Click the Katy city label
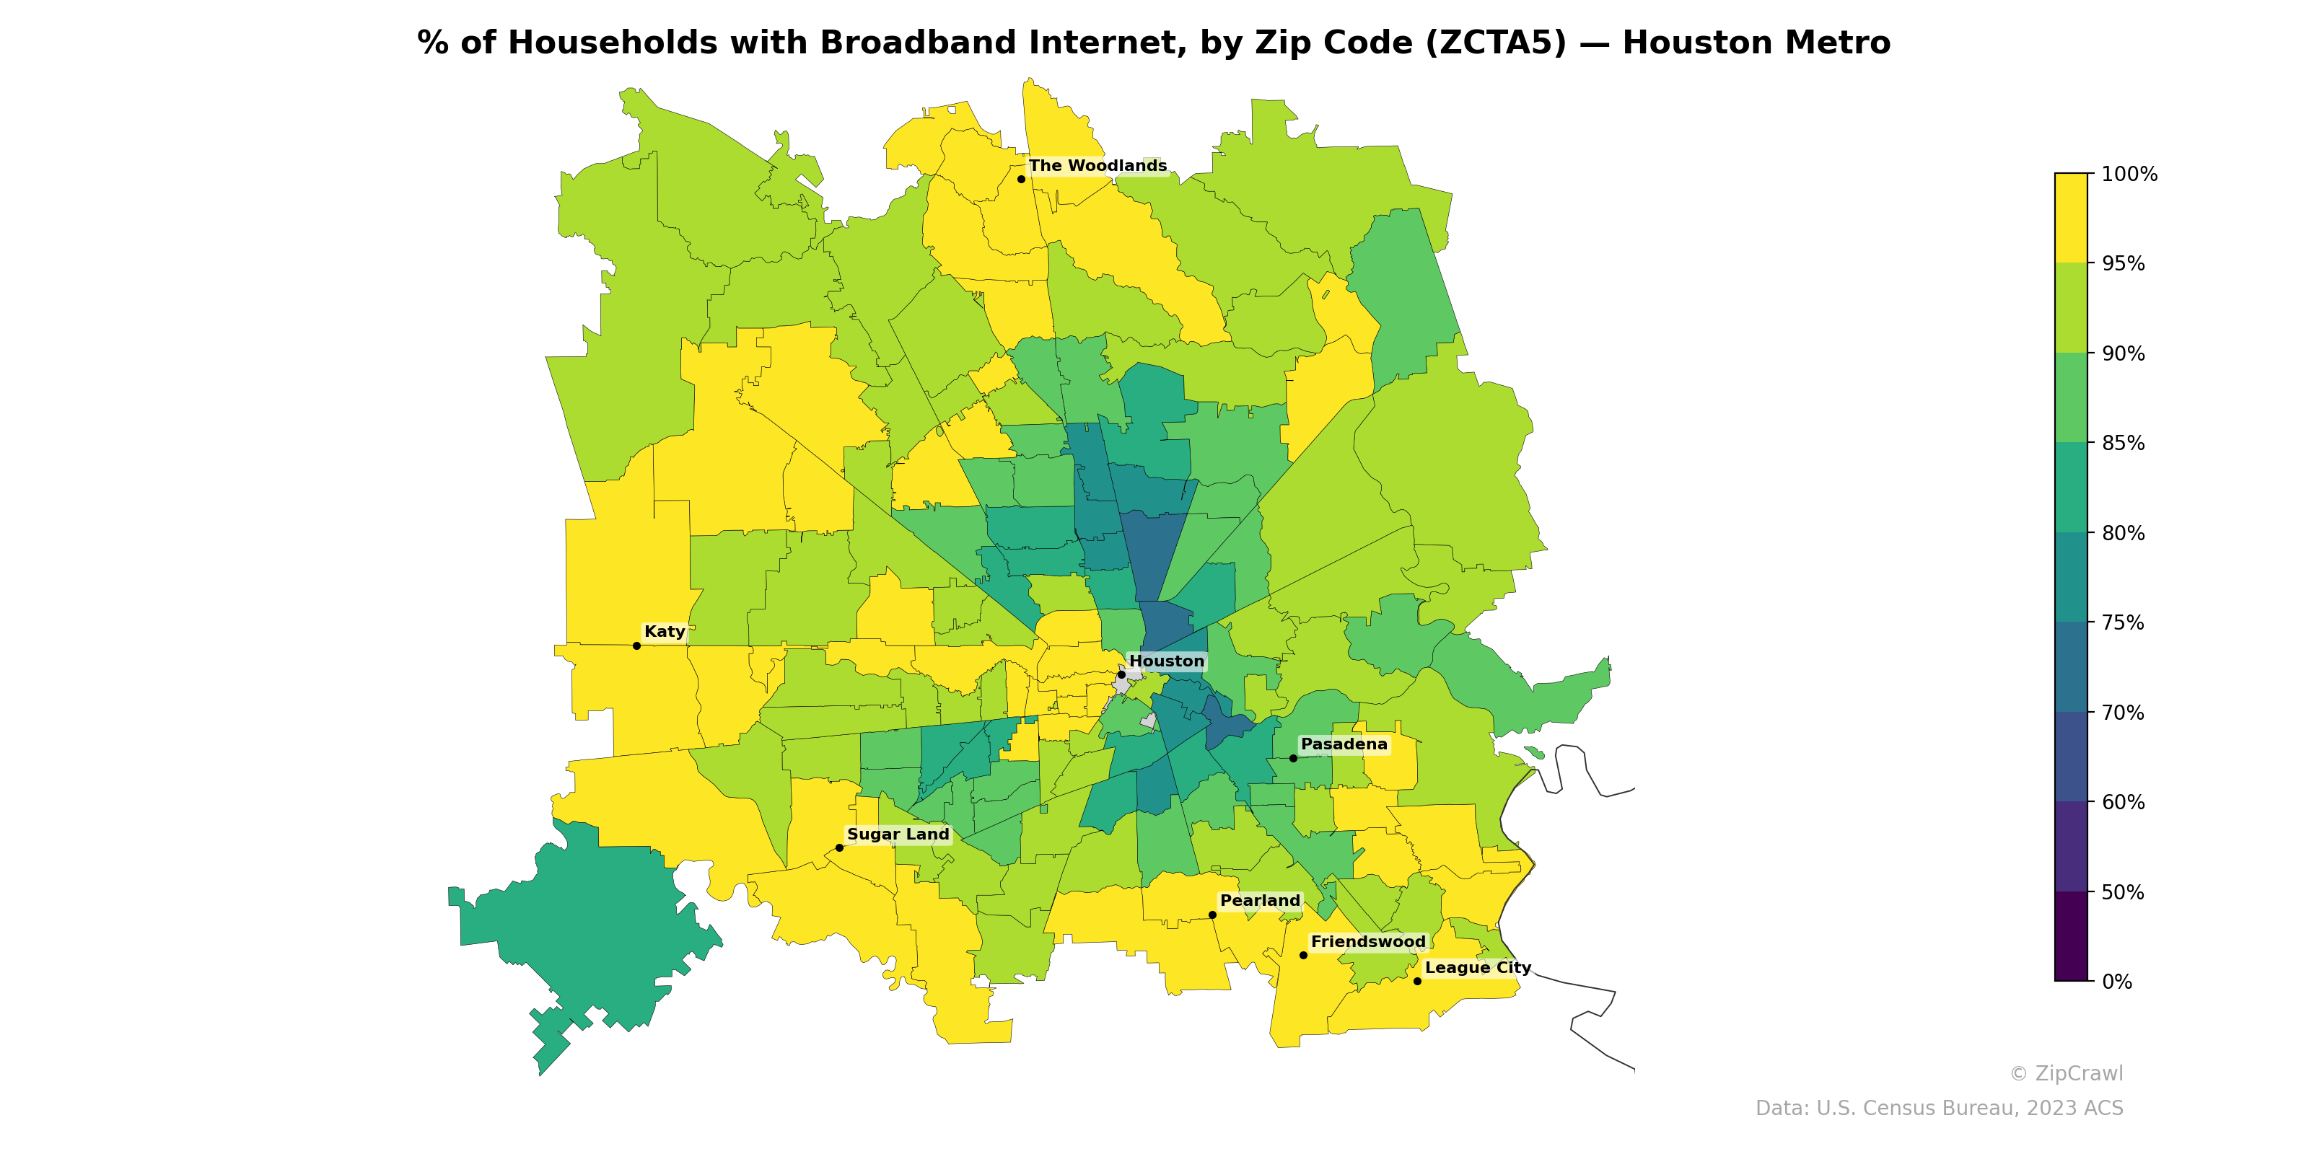664,632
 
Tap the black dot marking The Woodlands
1021,179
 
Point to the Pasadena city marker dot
1292,758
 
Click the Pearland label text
1259,900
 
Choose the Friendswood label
1367,942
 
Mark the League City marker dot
1417,981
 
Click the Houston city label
1166,661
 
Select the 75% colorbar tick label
2123,622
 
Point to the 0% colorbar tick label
2116,982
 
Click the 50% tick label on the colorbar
2123,892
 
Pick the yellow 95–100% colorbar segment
2071,218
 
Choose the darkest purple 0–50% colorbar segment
2071,936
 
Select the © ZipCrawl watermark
2066,1073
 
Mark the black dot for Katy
636,646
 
